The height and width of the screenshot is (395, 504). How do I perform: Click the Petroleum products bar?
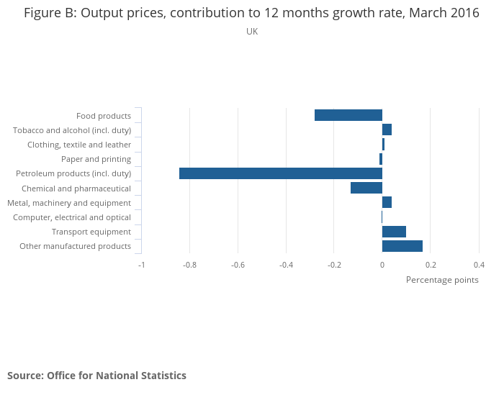pyautogui.click(x=281, y=173)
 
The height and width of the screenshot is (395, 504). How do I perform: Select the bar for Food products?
pyautogui.click(x=348, y=115)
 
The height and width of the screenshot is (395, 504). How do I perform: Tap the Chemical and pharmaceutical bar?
pyautogui.click(x=366, y=188)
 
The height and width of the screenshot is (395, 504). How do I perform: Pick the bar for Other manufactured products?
pyautogui.click(x=402, y=246)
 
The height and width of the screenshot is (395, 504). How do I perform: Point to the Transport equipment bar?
pyautogui.click(x=394, y=232)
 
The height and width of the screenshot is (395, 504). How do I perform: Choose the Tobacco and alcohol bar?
pyautogui.click(x=387, y=130)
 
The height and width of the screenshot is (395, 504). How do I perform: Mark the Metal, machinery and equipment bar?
pyautogui.click(x=387, y=202)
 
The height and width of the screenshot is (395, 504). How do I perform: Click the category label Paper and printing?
pyautogui.click(x=96, y=159)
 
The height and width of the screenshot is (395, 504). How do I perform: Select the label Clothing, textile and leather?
pyautogui.click(x=79, y=145)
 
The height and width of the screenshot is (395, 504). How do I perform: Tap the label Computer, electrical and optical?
pyautogui.click(x=72, y=217)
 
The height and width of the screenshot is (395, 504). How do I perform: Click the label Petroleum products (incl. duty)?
pyautogui.click(x=73, y=173)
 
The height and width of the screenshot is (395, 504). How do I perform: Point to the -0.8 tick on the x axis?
pyautogui.click(x=189, y=264)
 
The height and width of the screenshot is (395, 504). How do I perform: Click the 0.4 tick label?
pyautogui.click(x=479, y=264)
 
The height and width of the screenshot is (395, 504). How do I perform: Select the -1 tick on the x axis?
pyautogui.click(x=142, y=264)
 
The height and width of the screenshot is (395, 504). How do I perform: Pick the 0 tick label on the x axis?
pyautogui.click(x=382, y=264)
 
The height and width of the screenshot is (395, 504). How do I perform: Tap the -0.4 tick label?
pyautogui.click(x=286, y=264)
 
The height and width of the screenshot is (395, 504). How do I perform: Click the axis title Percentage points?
pyautogui.click(x=442, y=280)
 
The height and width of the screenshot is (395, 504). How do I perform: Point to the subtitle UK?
pyautogui.click(x=252, y=32)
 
